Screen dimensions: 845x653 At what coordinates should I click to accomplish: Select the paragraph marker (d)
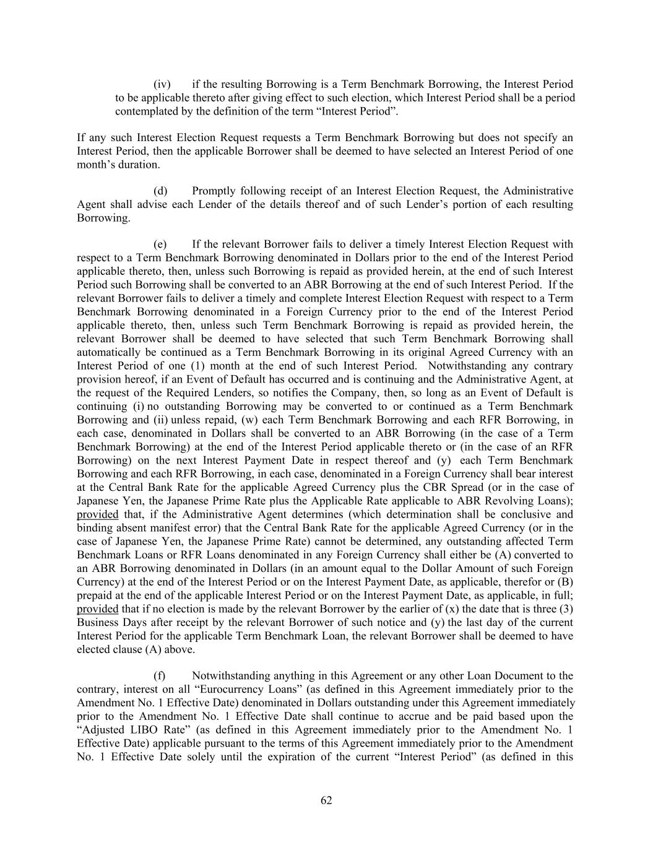[x=160, y=191]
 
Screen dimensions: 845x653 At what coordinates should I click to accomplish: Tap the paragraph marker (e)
[x=160, y=245]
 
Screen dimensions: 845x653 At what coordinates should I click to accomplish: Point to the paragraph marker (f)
[x=160, y=676]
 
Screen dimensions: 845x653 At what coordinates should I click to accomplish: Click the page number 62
[x=326, y=801]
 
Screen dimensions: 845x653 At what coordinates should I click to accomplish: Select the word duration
[x=141, y=165]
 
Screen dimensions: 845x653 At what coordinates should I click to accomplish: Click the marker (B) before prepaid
[x=565, y=582]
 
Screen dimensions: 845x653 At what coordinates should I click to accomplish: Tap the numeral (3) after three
[x=566, y=609]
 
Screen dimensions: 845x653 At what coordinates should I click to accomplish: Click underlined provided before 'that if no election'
[x=97, y=609]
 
